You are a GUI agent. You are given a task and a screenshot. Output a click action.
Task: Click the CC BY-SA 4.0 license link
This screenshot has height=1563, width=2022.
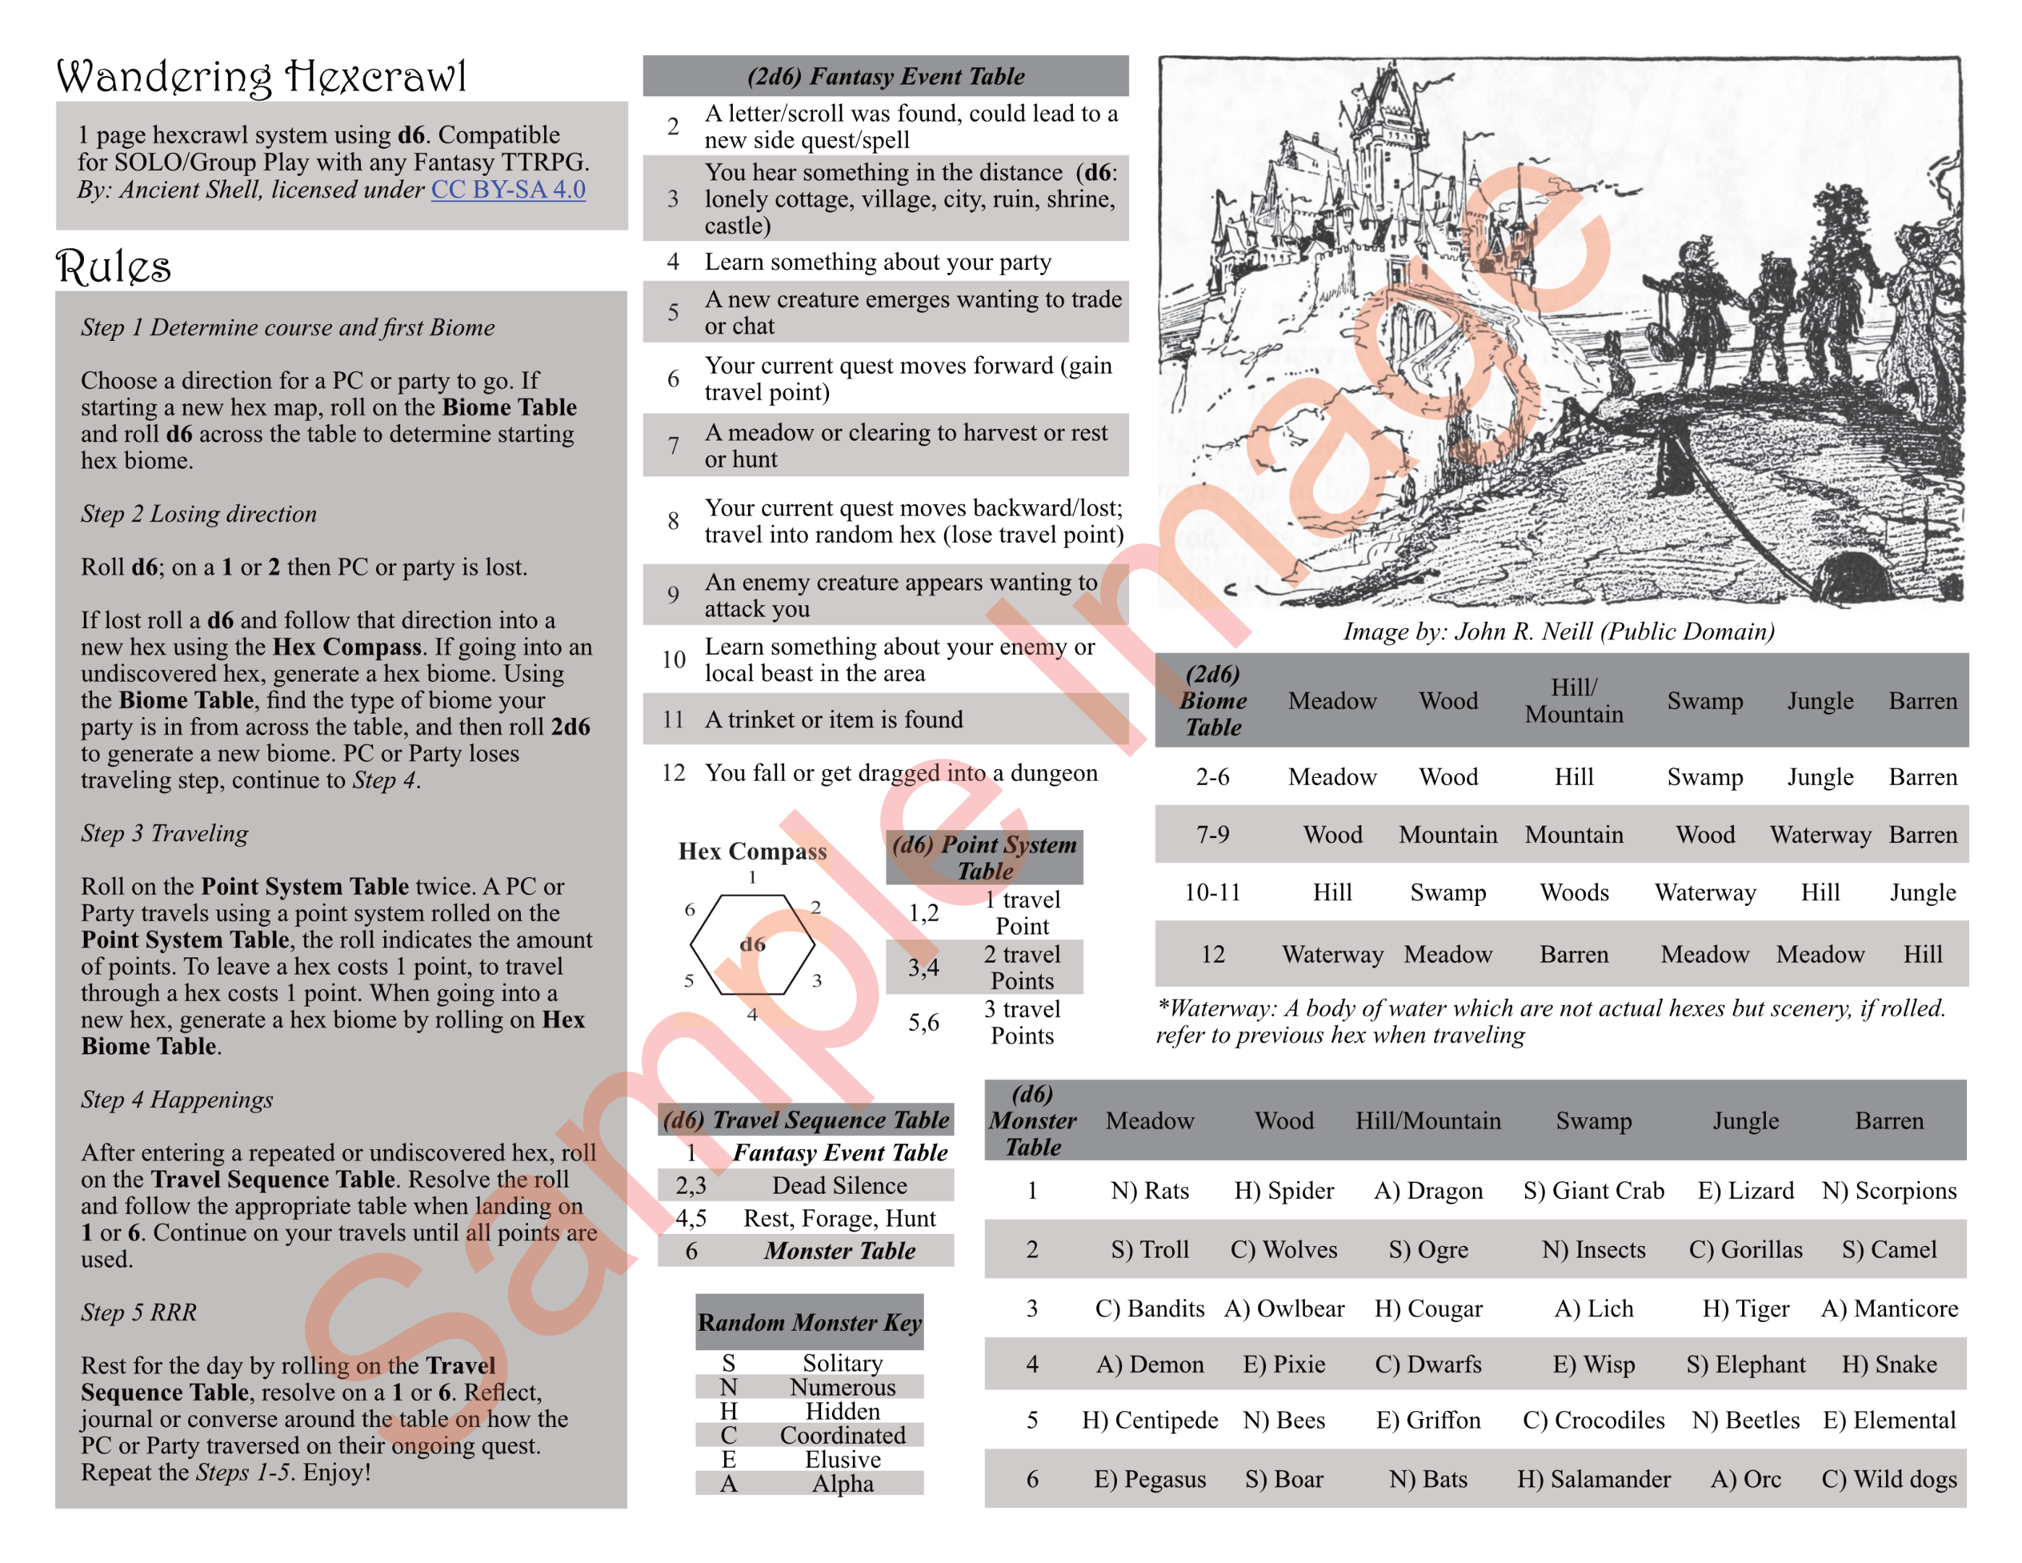click(509, 190)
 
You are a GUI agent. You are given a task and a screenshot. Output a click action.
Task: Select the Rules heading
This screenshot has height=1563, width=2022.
click(113, 267)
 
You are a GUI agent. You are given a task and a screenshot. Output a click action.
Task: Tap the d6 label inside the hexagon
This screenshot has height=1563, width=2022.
click(752, 944)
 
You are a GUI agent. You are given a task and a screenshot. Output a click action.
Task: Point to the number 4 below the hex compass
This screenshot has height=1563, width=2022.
click(752, 1015)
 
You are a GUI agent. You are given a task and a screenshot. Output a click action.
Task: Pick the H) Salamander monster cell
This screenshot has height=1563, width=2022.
click(1593, 1479)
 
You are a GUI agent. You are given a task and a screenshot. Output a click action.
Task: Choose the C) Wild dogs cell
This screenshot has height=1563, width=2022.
click(1889, 1479)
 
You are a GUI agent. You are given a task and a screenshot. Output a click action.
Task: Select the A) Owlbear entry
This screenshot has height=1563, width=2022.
click(1284, 1308)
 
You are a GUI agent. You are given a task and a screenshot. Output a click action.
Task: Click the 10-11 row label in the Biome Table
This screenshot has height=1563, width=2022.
click(1212, 893)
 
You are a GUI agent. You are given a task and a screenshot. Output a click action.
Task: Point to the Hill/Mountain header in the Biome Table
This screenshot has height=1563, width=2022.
click(1574, 701)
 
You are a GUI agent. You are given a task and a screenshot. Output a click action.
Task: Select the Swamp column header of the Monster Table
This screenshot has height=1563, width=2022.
click(1593, 1120)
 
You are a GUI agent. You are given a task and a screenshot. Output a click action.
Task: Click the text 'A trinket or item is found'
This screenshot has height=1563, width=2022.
click(833, 719)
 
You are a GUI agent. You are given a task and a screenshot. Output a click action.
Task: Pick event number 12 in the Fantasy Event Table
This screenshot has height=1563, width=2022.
click(673, 773)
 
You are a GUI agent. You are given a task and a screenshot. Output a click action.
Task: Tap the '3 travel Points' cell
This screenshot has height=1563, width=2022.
click(1021, 1022)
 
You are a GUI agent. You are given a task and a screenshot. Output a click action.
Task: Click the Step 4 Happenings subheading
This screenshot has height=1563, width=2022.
click(177, 1099)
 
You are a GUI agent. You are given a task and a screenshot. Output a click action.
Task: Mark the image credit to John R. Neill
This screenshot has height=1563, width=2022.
click(1559, 632)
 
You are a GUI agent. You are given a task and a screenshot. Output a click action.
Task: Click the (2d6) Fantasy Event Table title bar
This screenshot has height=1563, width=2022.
click(885, 76)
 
